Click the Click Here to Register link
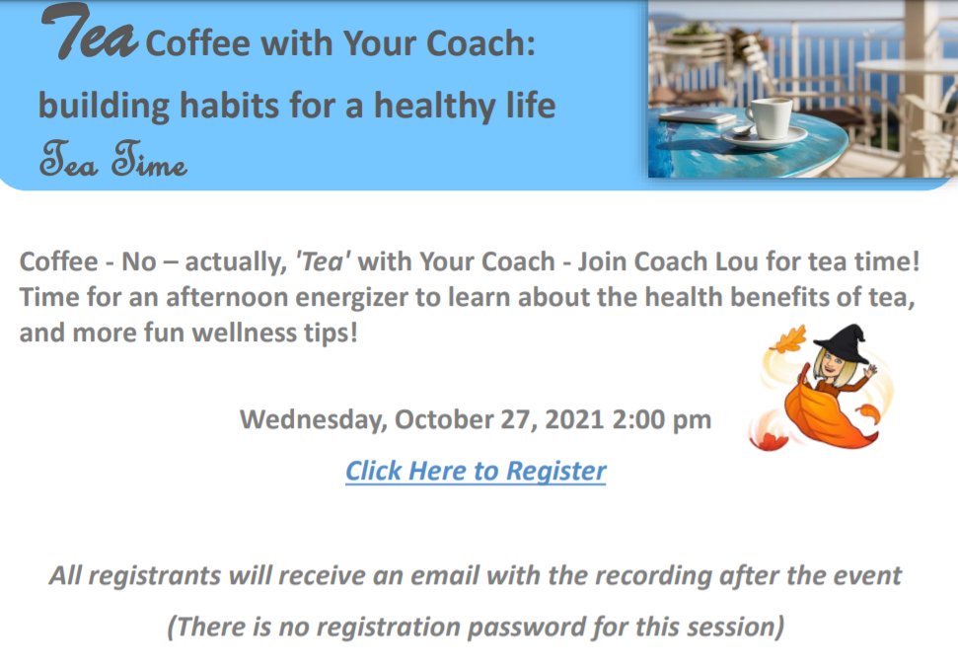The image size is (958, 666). coord(476,471)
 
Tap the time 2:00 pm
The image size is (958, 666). coord(661,418)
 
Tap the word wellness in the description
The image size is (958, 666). coord(244,333)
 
